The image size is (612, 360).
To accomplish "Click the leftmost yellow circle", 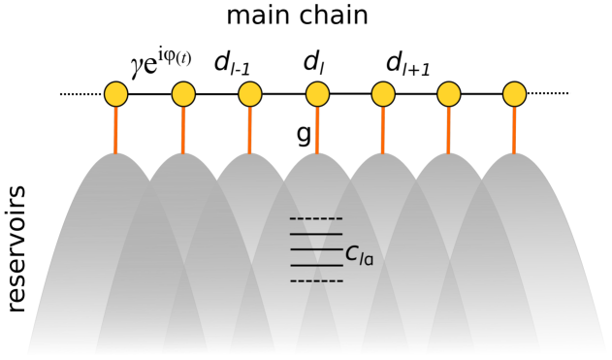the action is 116,94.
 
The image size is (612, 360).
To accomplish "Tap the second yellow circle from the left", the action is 183,94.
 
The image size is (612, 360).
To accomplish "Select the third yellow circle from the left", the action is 250,94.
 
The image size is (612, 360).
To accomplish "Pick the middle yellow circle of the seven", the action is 317,94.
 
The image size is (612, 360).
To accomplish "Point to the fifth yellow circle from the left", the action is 383,94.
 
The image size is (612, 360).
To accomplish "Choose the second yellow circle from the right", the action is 449,94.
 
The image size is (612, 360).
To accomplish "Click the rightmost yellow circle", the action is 515,94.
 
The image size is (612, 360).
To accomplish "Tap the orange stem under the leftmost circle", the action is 115,130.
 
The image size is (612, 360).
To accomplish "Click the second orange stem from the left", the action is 182,130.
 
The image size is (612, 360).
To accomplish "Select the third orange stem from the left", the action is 249,130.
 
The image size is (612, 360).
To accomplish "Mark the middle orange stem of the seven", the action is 316,130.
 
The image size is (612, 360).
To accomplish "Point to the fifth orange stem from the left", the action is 382,130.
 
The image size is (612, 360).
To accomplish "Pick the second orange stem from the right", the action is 448,130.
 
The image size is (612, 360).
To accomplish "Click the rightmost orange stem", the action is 514,130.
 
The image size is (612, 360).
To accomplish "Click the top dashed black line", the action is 316,219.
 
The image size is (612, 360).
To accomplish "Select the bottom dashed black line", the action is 316,281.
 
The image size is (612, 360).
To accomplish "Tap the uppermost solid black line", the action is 316,234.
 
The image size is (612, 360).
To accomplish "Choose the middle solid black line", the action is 316,249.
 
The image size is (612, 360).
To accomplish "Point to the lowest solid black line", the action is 316,265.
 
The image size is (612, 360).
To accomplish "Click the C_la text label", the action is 359,255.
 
